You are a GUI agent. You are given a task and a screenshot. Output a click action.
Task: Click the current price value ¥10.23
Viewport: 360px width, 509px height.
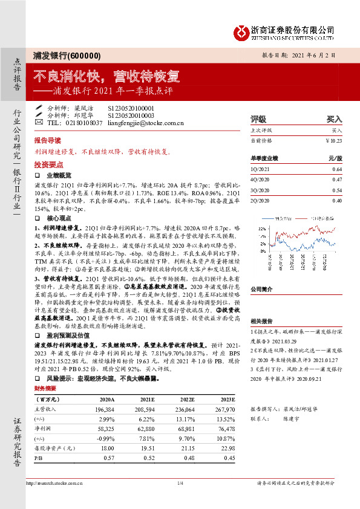click(x=333, y=140)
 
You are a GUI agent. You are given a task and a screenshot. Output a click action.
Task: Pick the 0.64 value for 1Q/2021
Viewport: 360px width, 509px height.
click(x=337, y=170)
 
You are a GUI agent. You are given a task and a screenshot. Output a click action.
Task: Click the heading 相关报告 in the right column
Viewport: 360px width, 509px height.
click(x=261, y=322)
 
